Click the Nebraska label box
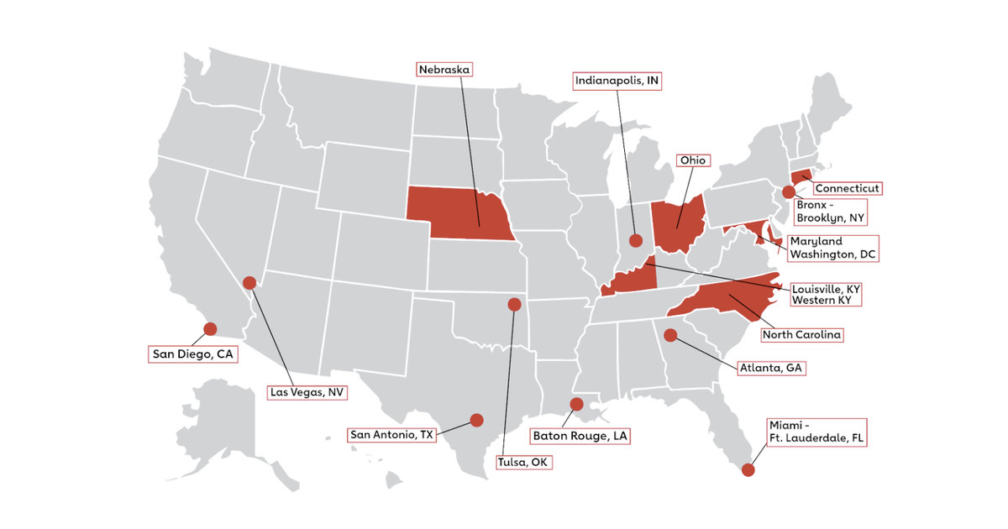pyautogui.click(x=446, y=69)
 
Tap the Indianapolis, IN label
pyautogui.click(x=617, y=81)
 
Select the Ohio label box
pyautogui.click(x=694, y=160)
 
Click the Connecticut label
pyautogui.click(x=847, y=188)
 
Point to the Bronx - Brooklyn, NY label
pyautogui.click(x=830, y=210)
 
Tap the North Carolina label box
pyautogui.click(x=801, y=335)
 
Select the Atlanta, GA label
pyautogui.click(x=770, y=367)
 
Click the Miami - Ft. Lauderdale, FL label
pyautogui.click(x=815, y=431)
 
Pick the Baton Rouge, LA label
pyautogui.click(x=580, y=436)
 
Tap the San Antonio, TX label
pyautogui.click(x=391, y=435)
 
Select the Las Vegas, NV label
pyautogui.click(x=307, y=391)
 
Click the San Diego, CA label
pyautogui.click(x=192, y=354)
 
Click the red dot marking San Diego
pyautogui.click(x=210, y=328)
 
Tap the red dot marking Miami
pyautogui.click(x=748, y=471)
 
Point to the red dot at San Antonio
pyautogui.click(x=476, y=420)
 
